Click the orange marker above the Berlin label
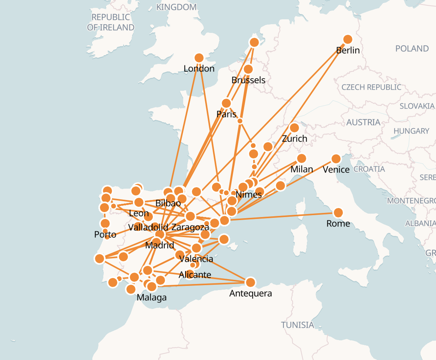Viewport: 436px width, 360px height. (x=348, y=39)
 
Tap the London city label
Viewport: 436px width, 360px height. (x=199, y=68)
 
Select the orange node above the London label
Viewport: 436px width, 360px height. (x=199, y=58)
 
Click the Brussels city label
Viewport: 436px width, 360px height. (x=248, y=80)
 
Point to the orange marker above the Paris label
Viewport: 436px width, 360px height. (x=226, y=103)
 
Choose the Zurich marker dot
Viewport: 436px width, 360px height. (x=294, y=128)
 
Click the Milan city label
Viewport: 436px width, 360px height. (x=302, y=169)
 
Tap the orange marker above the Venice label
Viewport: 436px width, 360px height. (x=336, y=158)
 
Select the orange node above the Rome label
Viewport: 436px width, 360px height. (x=338, y=213)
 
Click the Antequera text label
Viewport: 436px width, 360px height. (x=251, y=293)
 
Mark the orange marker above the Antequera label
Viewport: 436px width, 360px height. (x=251, y=282)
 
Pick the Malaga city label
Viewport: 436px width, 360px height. (x=151, y=297)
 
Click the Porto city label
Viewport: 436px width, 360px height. (x=105, y=234)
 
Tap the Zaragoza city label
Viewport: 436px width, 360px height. (x=190, y=227)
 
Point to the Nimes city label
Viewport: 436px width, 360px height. (x=248, y=195)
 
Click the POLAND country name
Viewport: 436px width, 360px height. (x=412, y=48)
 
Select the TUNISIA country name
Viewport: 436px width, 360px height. (x=297, y=325)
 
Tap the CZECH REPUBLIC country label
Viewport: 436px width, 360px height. (x=371, y=87)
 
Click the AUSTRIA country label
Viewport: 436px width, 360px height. (x=363, y=122)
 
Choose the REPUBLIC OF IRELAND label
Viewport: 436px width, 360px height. (x=111, y=22)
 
